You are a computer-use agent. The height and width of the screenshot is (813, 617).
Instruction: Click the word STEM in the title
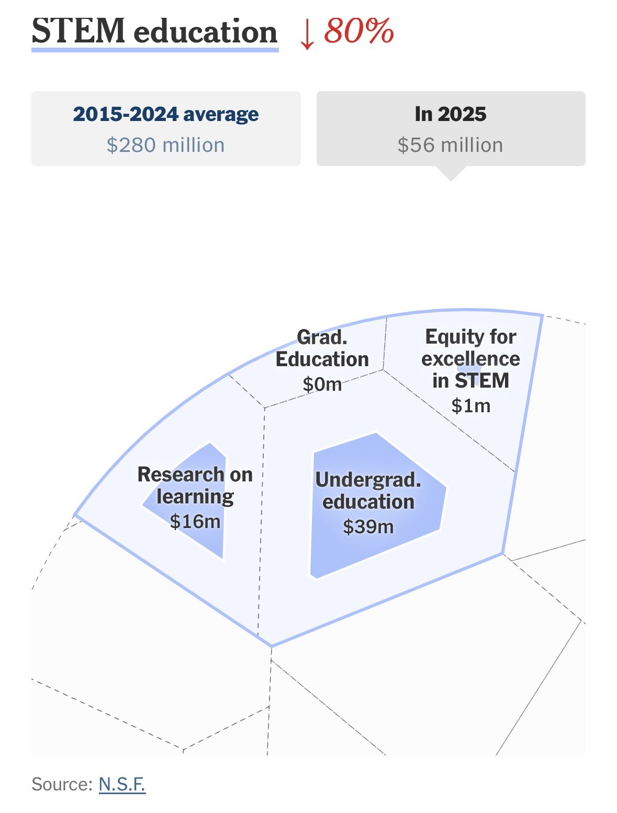click(x=78, y=31)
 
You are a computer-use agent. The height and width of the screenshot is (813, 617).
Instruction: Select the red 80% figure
click(x=359, y=30)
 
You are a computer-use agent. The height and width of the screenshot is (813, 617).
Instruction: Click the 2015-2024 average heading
click(x=166, y=114)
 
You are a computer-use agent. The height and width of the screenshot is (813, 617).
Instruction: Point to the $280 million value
click(x=166, y=145)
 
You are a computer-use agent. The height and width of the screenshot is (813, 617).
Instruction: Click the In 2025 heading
click(x=451, y=114)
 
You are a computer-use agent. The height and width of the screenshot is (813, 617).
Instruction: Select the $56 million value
click(x=451, y=145)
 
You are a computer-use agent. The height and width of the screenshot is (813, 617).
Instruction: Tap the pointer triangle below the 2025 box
click(x=451, y=173)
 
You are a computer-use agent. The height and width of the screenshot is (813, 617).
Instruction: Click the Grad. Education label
click(x=322, y=348)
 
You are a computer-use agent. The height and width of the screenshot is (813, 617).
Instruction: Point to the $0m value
click(x=322, y=384)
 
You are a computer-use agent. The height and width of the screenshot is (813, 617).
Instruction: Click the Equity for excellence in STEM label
click(x=470, y=359)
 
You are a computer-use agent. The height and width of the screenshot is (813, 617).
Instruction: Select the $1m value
click(x=470, y=406)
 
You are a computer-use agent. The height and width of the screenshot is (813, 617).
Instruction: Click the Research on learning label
click(x=195, y=486)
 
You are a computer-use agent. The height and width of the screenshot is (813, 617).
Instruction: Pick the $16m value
click(x=195, y=522)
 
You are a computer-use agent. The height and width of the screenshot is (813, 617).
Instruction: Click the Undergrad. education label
click(x=368, y=491)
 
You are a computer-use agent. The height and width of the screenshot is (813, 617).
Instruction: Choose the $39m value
click(x=368, y=526)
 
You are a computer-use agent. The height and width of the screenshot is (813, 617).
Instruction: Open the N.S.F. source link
click(x=122, y=784)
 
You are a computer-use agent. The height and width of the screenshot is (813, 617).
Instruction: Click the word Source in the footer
click(x=62, y=784)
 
